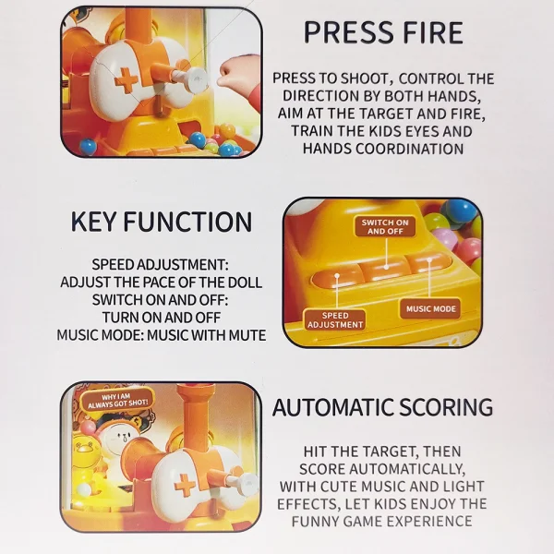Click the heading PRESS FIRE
point(383,32)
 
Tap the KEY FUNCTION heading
point(162,222)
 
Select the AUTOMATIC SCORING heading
point(382,407)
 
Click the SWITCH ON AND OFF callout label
point(385,227)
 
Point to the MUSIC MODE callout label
point(430,308)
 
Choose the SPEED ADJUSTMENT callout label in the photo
point(335,320)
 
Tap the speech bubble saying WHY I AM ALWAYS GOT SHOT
point(117,401)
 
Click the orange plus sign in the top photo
point(126,81)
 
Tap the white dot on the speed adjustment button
point(337,276)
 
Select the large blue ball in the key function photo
point(460,212)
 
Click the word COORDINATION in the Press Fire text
point(409,149)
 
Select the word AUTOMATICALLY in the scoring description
point(406,469)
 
